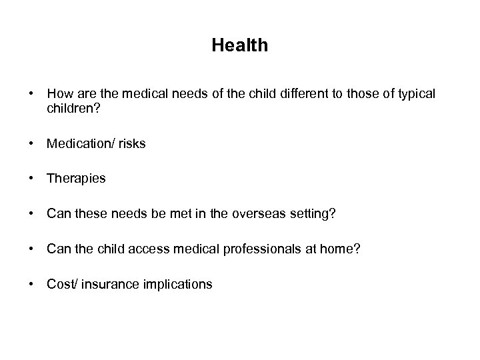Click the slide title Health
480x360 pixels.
coord(240,45)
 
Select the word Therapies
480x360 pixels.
coord(76,179)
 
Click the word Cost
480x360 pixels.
coord(61,285)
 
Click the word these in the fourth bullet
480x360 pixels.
coord(88,214)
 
